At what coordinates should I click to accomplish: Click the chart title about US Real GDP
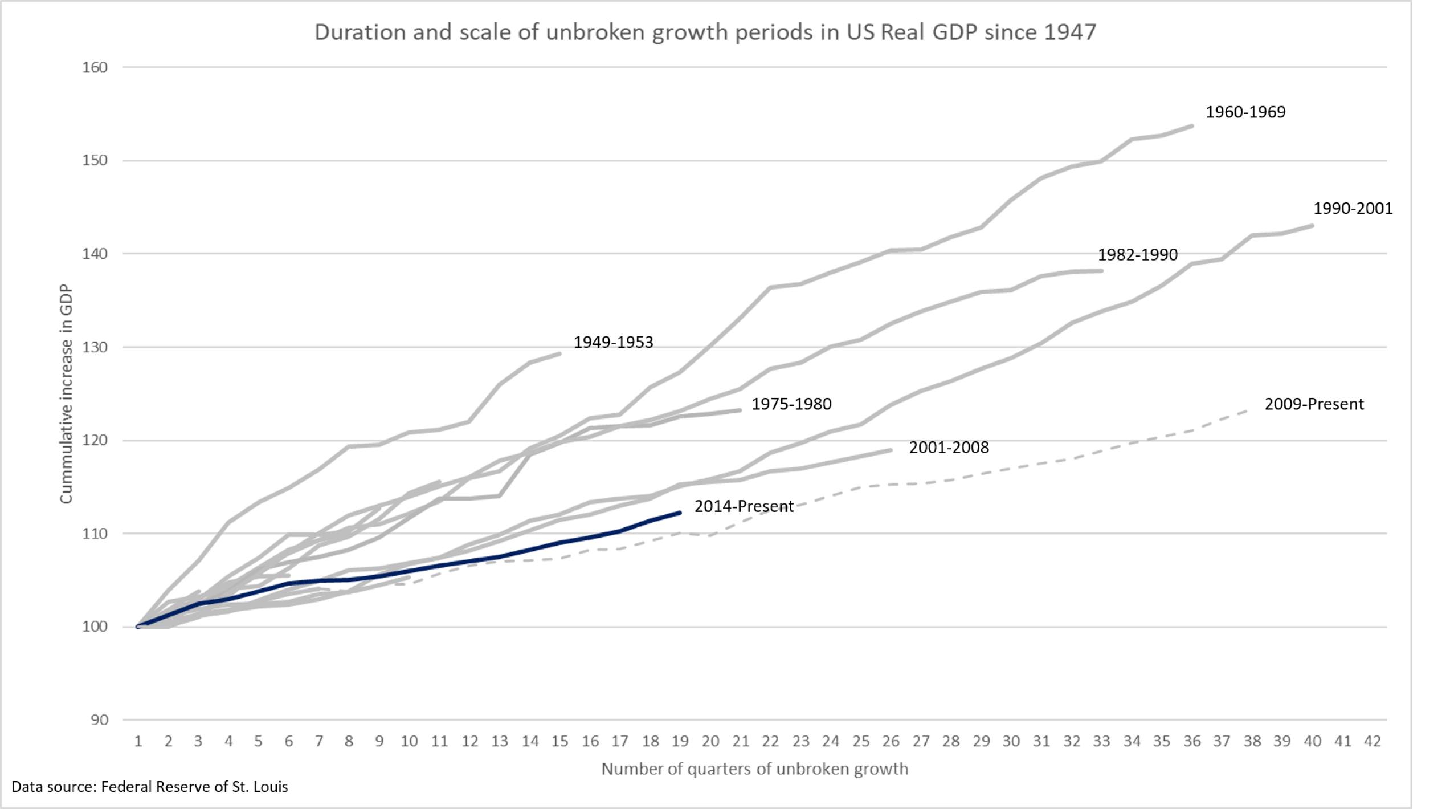coord(705,32)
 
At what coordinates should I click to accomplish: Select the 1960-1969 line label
coord(1245,112)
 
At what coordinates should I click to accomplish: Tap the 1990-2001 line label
coord(1353,209)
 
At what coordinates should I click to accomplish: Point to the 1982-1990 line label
coord(1137,255)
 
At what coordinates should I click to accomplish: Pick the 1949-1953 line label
coord(613,343)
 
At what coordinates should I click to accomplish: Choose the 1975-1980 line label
coord(791,404)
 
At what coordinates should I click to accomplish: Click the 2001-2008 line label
coord(949,448)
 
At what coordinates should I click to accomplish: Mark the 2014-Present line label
coord(744,506)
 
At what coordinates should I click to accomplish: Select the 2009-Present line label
coord(1314,404)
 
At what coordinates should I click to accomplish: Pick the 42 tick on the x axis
coord(1373,741)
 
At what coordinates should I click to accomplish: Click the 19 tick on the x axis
coord(680,741)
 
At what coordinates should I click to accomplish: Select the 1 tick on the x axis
coord(138,741)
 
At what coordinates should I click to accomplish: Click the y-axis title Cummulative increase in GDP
coord(67,394)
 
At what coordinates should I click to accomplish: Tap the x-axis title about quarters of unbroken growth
coord(754,769)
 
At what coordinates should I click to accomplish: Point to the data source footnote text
coord(150,787)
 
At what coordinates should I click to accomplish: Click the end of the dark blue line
coord(680,513)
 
